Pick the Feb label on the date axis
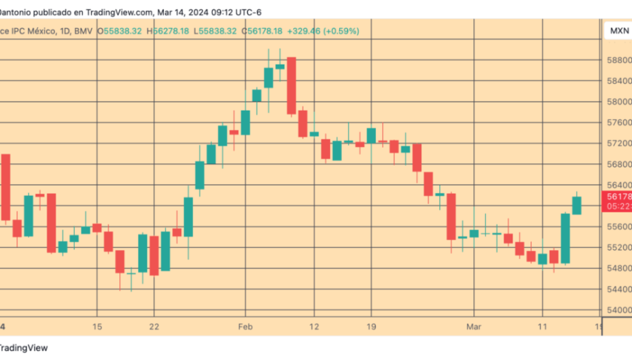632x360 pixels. pyautogui.click(x=246, y=326)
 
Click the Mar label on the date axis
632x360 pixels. pyautogui.click(x=473, y=326)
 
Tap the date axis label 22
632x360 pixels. pyautogui.click(x=154, y=326)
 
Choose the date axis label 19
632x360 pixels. pyautogui.click(x=372, y=326)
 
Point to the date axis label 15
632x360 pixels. pyautogui.click(x=96, y=326)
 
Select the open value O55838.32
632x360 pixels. pyautogui.click(x=119, y=31)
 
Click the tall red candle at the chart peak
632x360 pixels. pyautogui.click(x=292, y=85)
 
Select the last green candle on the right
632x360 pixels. pyautogui.click(x=576, y=205)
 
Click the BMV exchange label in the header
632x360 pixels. pyautogui.click(x=87, y=31)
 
